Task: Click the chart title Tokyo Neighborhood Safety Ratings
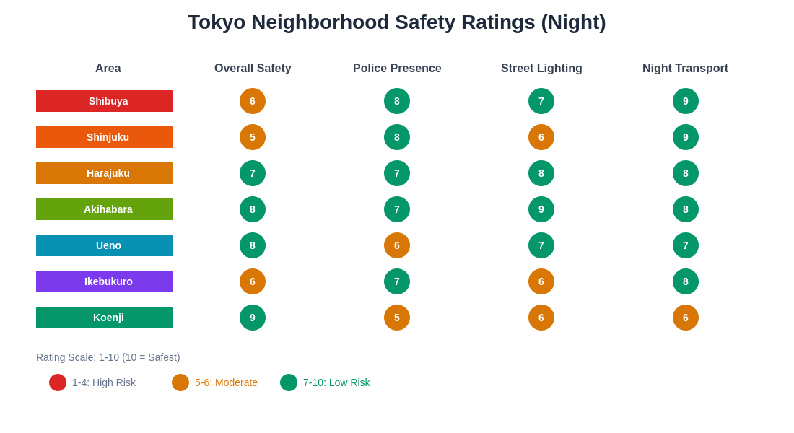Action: (396, 22)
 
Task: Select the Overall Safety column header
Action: (253, 69)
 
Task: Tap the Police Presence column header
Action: (397, 69)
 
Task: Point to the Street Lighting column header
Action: (541, 69)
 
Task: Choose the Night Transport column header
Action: (685, 69)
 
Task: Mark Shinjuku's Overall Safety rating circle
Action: (253, 137)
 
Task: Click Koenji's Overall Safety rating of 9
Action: (253, 318)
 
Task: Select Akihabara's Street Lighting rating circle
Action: (541, 209)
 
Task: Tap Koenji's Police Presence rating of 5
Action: (397, 318)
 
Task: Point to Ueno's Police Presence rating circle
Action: (397, 245)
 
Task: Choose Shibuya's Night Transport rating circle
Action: (686, 101)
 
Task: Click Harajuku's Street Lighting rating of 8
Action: (541, 173)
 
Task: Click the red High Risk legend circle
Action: (58, 382)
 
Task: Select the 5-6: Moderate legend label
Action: (226, 382)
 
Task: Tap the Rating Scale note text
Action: (108, 357)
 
